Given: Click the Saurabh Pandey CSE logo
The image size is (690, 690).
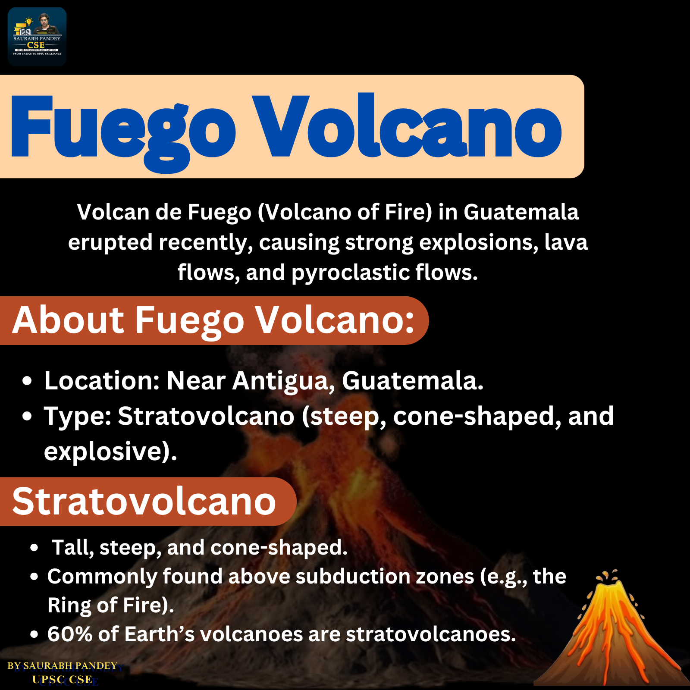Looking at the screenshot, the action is click(37, 37).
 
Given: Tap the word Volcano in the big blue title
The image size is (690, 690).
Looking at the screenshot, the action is click(407, 125).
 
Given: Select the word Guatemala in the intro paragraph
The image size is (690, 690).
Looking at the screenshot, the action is click(521, 212).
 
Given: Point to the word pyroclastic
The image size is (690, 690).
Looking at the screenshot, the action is click(350, 273).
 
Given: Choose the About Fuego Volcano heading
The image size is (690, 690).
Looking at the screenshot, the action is click(213, 321).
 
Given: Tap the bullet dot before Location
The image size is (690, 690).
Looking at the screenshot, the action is click(27, 381).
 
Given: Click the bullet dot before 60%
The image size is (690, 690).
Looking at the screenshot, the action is click(34, 635).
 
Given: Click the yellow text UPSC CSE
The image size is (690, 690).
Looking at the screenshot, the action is click(62, 680).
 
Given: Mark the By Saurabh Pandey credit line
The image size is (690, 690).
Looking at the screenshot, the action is click(63, 666).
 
